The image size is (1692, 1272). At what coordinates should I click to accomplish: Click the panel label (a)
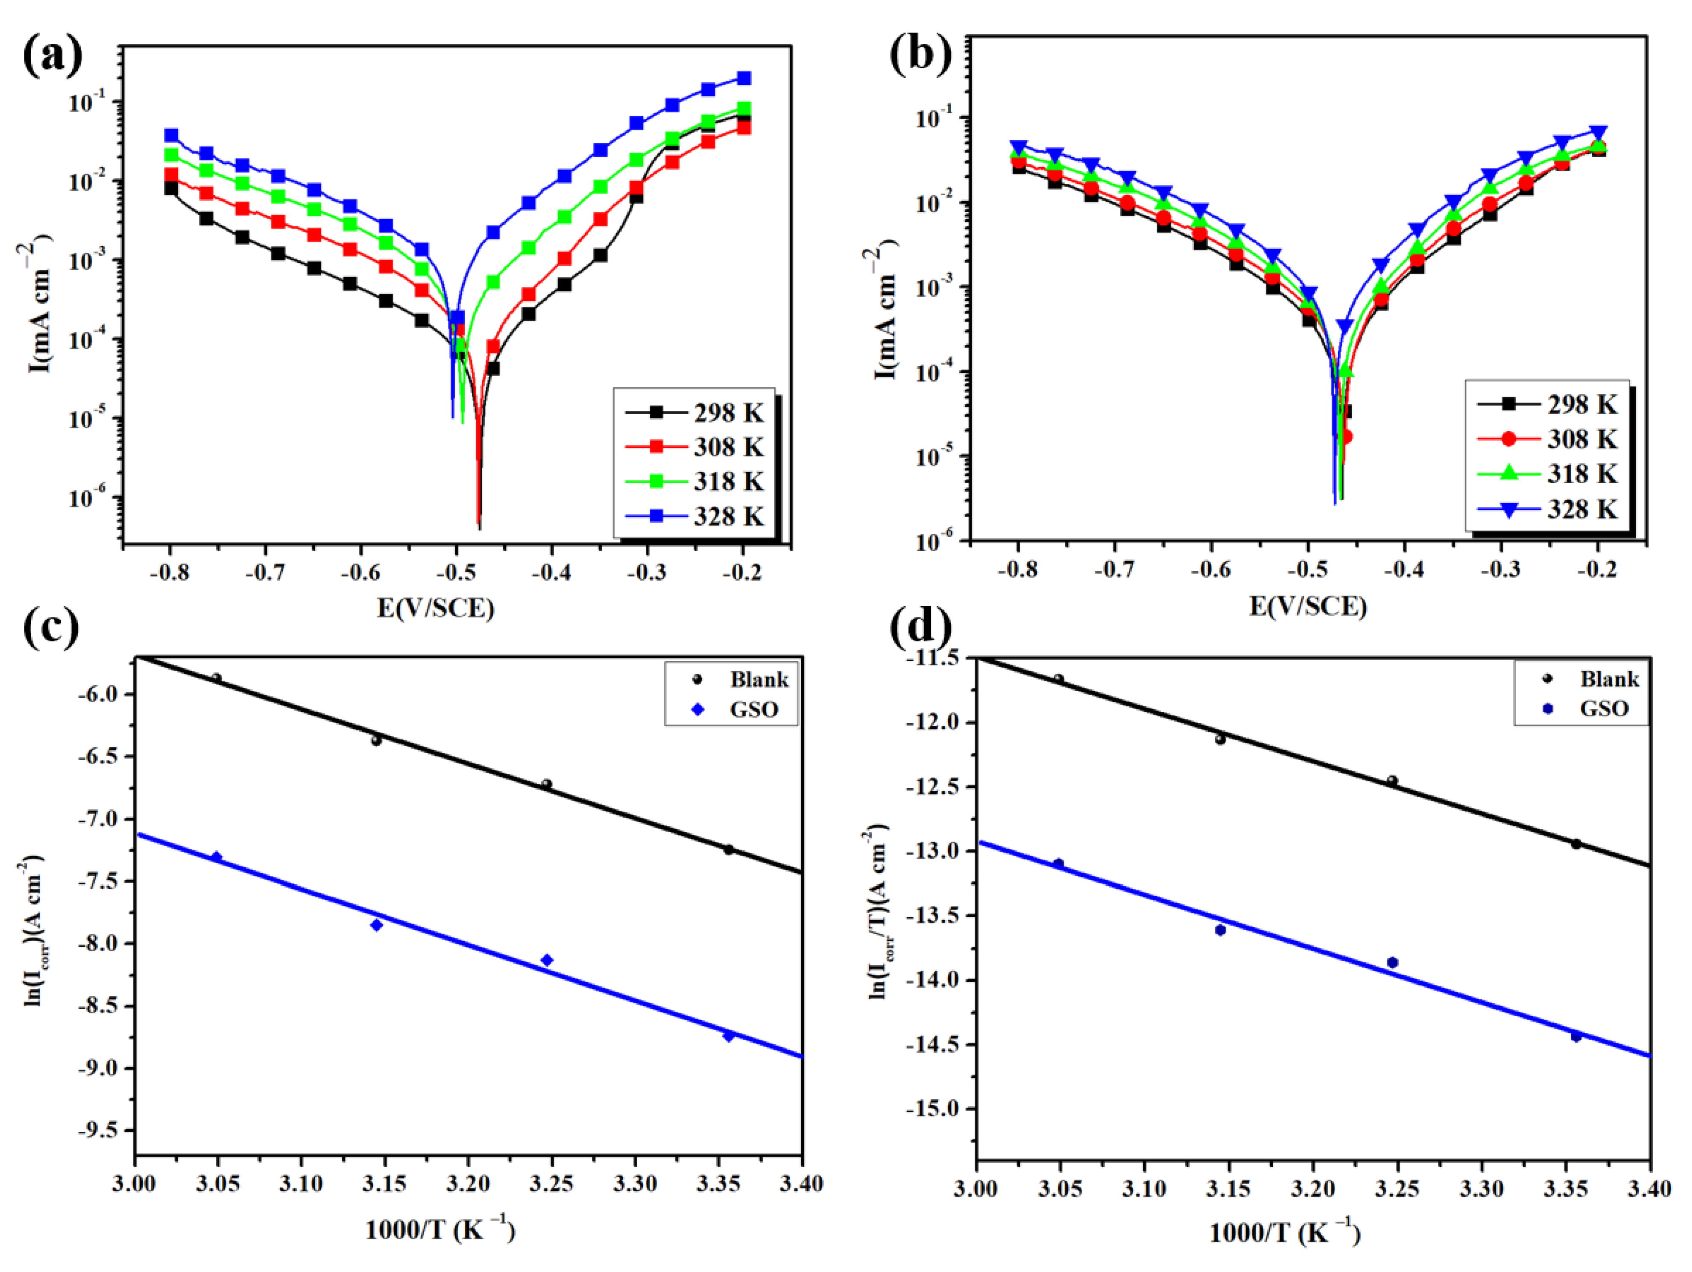52,55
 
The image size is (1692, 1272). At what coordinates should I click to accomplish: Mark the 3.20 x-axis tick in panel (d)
1313,1189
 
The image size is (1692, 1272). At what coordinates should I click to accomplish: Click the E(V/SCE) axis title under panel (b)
1307,607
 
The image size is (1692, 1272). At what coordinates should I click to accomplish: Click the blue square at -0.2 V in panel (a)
743,78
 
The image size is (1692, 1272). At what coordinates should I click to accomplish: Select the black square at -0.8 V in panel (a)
171,188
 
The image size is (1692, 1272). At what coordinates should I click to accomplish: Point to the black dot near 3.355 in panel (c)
728,849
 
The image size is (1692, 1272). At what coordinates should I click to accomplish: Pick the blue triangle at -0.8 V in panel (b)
1018,147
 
